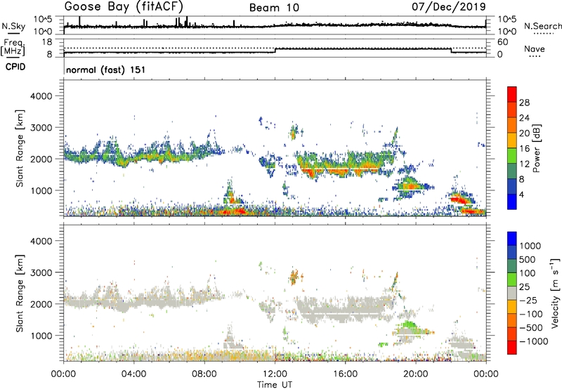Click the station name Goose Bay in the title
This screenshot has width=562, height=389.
(98, 7)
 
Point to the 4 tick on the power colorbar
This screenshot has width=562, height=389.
(524, 193)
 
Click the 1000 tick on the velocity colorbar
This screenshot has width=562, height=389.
(530, 247)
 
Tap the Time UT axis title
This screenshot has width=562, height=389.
(275, 385)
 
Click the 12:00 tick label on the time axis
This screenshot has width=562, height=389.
(275, 374)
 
